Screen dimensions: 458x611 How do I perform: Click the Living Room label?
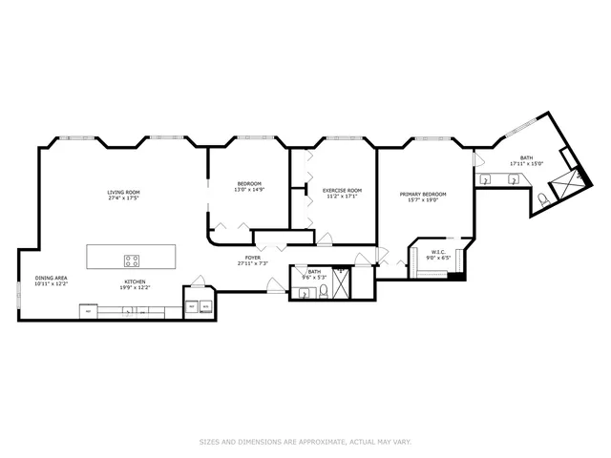124,192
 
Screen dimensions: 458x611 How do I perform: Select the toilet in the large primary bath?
543,198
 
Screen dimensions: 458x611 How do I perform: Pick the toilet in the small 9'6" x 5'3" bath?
324,292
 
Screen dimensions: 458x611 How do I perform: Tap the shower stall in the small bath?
341,280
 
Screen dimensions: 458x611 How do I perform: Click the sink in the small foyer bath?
305,294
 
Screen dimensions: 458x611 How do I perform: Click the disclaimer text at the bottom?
305,442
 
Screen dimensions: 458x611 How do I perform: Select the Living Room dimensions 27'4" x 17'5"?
124,198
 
